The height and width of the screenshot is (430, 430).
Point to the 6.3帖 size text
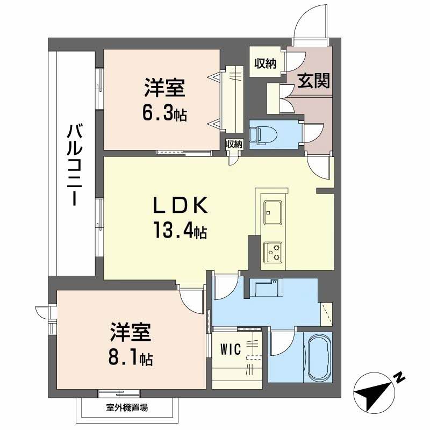pos(164,113)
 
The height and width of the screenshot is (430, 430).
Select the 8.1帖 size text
pos(132,357)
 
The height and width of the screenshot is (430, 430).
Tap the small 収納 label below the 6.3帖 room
pos(234,144)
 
